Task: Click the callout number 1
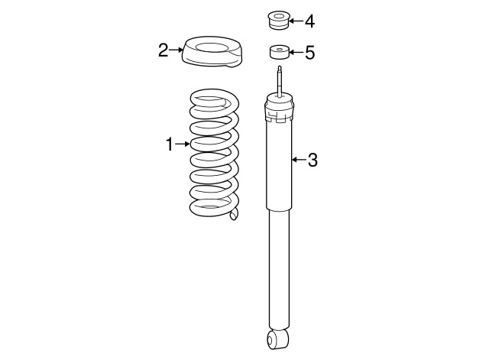(x=169, y=144)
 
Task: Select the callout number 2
(x=163, y=50)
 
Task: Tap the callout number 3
(x=313, y=160)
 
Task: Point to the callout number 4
(x=309, y=21)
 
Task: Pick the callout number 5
(x=310, y=53)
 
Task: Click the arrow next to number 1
(x=182, y=144)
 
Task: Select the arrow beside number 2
(x=176, y=50)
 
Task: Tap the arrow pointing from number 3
(x=299, y=160)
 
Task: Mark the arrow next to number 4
(x=296, y=21)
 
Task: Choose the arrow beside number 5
(x=296, y=52)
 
